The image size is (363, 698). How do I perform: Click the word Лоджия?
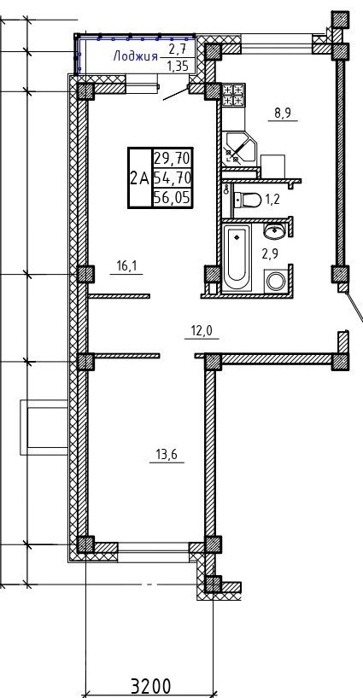tap(136, 56)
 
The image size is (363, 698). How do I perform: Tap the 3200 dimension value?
tap(150, 686)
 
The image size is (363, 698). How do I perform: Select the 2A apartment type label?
tap(139, 178)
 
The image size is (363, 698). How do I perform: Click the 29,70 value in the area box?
tap(173, 158)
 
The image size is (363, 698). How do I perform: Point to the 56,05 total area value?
tap(173, 198)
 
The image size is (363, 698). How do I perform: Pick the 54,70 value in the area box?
tap(173, 178)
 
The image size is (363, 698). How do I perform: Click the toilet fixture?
tap(247, 200)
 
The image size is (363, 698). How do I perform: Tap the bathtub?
tap(237, 258)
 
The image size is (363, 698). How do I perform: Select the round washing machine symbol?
tap(276, 282)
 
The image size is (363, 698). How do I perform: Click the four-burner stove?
tap(233, 95)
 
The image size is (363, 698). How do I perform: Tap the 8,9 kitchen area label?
tap(283, 113)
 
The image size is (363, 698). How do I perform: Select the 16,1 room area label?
tap(126, 266)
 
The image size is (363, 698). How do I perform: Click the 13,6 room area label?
tap(167, 455)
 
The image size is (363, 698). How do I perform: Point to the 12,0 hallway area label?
tap(202, 331)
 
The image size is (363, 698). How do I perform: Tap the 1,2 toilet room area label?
tap(272, 200)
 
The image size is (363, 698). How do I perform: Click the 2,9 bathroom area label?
tap(269, 254)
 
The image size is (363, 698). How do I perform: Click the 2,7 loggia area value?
tap(178, 49)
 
